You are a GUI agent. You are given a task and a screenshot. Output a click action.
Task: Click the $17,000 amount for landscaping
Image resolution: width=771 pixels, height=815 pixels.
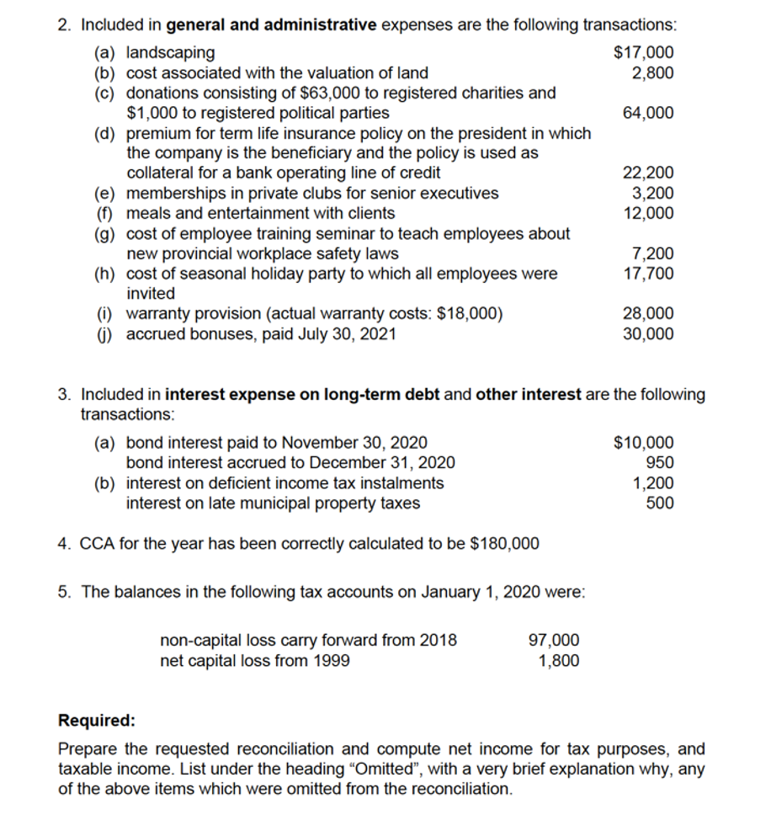(x=644, y=53)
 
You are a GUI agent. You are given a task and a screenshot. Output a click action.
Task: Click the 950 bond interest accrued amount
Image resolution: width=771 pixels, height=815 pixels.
(x=659, y=463)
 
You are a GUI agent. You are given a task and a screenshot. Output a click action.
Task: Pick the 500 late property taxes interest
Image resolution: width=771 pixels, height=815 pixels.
(x=659, y=503)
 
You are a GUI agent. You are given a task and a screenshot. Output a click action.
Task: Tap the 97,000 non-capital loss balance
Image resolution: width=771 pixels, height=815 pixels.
(x=553, y=640)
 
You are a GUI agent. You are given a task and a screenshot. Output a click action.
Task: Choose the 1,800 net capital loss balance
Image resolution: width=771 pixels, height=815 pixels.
(x=558, y=660)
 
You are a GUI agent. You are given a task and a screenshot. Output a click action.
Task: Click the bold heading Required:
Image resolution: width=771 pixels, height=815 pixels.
(x=96, y=721)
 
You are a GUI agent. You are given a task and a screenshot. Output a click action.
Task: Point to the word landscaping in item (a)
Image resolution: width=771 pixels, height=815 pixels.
(x=170, y=53)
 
